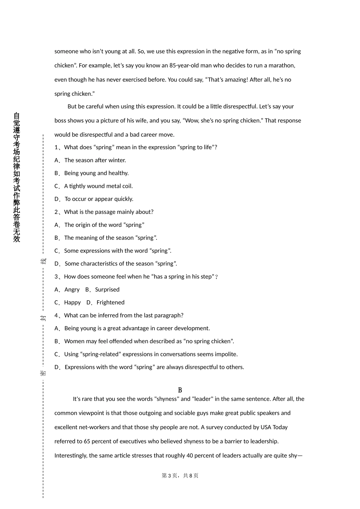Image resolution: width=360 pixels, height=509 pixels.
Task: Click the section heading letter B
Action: [x=180, y=390]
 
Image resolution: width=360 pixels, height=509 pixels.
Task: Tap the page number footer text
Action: [x=180, y=476]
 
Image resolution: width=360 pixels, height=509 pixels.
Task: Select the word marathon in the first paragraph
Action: [x=282, y=66]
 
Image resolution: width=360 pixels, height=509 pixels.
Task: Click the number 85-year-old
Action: [x=184, y=66]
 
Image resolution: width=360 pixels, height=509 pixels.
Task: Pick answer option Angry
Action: [x=72, y=290]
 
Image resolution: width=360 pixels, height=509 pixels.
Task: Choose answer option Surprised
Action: [x=107, y=290]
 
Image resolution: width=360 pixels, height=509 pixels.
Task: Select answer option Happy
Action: [x=72, y=303]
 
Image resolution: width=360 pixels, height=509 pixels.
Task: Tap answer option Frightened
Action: [x=110, y=303]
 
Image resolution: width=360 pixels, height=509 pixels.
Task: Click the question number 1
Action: [x=56, y=147]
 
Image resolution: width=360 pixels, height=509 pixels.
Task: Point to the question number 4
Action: [x=56, y=315]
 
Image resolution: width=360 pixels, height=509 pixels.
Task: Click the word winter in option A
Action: [x=117, y=160]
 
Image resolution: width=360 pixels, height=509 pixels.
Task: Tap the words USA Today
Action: [x=274, y=427]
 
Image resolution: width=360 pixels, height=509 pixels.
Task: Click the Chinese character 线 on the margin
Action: [x=43, y=261]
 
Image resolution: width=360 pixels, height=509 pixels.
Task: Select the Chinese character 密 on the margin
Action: [x=43, y=373]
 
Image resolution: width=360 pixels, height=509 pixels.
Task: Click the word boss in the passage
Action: [x=60, y=121]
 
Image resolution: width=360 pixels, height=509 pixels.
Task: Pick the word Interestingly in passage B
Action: [x=70, y=456]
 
